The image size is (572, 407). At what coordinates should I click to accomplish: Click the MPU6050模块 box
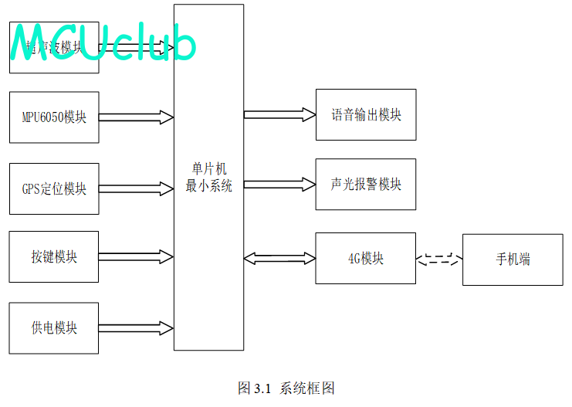coord(54,117)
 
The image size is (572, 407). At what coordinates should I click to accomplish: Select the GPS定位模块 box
coord(54,188)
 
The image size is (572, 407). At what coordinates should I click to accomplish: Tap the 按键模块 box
coord(54,256)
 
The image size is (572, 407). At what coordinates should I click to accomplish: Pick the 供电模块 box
coord(54,328)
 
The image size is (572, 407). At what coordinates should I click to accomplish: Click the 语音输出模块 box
coord(366,115)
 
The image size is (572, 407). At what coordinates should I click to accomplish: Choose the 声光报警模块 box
coord(366,185)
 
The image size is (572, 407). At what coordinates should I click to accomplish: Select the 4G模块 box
coord(366,259)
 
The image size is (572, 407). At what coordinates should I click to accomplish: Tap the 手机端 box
coord(513,259)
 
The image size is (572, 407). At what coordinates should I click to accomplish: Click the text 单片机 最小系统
coord(208,178)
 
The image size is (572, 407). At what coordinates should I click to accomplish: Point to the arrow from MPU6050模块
coord(136,117)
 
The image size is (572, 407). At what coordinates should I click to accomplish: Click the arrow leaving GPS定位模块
coord(136,188)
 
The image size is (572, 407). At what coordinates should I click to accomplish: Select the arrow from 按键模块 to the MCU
coord(136,256)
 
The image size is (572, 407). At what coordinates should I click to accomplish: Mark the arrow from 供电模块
coord(136,328)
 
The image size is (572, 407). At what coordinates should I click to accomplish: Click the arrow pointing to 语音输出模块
coord(279,115)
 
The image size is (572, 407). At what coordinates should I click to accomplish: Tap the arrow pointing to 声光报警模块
coord(279,185)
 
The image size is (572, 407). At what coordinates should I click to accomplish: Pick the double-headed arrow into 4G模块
coord(279,258)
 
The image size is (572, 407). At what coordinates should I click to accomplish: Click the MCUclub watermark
coord(103,45)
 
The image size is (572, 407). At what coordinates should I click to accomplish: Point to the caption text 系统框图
coord(307,388)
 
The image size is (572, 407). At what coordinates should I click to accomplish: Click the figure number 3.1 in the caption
coord(262,388)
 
